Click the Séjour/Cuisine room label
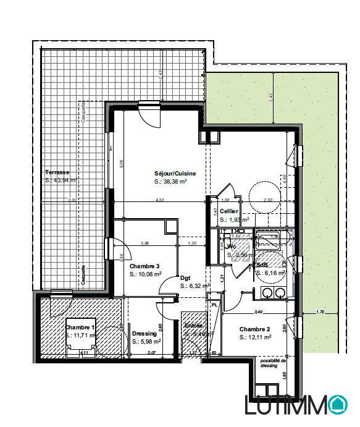tap(175, 174)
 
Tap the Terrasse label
tap(56, 172)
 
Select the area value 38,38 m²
tap(175, 182)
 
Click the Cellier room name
tap(228, 211)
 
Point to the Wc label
tap(232, 246)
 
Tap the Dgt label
tap(185, 278)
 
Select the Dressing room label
tap(144, 333)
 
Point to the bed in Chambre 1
tap(74, 337)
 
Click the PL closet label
tap(214, 305)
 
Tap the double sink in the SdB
tap(272, 292)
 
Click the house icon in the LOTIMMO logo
tap(338, 405)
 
